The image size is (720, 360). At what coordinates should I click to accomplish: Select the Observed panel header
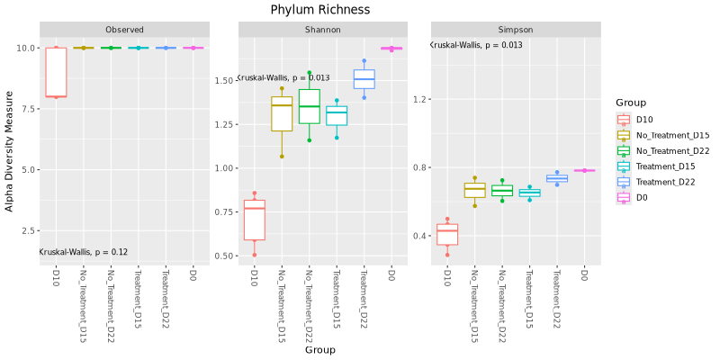point(124,30)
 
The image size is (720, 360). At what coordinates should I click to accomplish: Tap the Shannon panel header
point(320,30)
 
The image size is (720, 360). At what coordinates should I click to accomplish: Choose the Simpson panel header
point(515,30)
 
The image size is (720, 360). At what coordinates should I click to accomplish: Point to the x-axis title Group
point(319,350)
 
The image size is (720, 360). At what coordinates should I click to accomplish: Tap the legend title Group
point(631,103)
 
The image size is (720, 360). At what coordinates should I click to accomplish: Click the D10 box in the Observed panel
point(56,72)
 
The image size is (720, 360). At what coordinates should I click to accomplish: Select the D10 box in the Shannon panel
point(254,220)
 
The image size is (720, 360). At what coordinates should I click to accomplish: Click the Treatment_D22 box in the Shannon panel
point(364,79)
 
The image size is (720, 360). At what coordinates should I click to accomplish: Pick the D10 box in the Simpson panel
point(447,234)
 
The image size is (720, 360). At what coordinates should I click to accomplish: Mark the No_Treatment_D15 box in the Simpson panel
point(474,191)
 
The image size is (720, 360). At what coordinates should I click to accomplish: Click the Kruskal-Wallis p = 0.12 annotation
point(84,252)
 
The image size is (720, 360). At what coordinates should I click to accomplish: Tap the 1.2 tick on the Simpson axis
point(419,99)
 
